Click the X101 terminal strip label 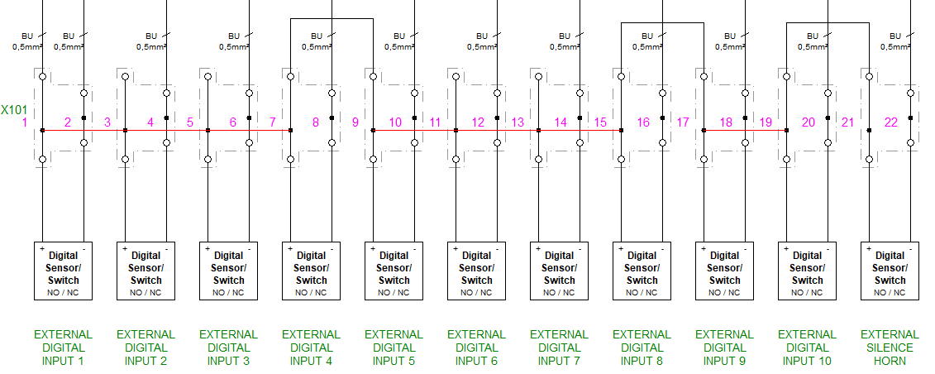(14, 108)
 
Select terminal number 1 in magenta (25, 122)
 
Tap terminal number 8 (316, 122)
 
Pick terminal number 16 (643, 122)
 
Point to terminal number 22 (891, 122)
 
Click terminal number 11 (435, 122)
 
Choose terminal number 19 (766, 122)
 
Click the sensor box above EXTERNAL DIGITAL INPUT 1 (64, 270)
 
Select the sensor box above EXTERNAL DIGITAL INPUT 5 (394, 270)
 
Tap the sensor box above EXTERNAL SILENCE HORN (890, 270)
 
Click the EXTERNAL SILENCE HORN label (890, 348)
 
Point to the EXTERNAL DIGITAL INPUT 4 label (311, 348)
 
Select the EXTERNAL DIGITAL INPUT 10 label (807, 348)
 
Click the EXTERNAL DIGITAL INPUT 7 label (559, 348)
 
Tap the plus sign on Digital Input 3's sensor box (207, 247)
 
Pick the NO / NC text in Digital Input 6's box (476, 292)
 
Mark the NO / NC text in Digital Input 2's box (145, 292)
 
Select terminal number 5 (190, 122)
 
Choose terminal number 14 (561, 122)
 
